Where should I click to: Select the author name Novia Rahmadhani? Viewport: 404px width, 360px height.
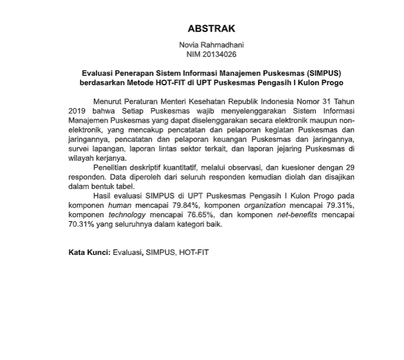[x=210, y=45]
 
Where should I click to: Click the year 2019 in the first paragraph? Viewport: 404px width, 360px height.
[x=78, y=110]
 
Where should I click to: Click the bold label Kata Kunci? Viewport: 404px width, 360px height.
[x=88, y=253]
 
